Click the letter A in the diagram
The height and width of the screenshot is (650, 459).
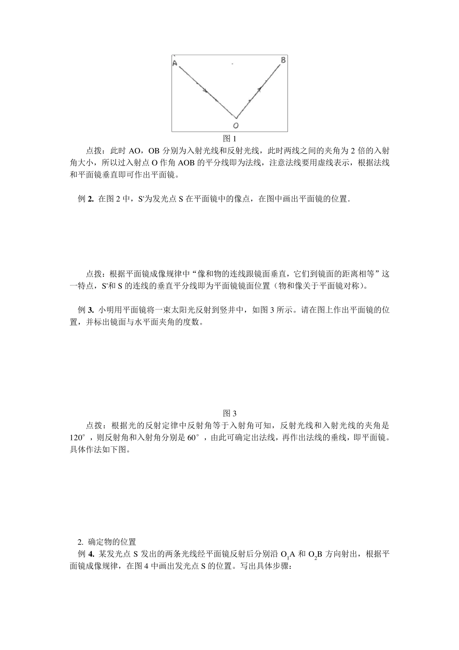coord(174,63)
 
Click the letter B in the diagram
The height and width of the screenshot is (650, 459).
coord(283,60)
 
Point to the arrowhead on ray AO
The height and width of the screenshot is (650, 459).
coord(205,90)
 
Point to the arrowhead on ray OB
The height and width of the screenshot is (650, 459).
coord(260,89)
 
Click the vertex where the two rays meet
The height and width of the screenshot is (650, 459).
coord(236,118)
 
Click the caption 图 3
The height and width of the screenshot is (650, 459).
coord(229,414)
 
